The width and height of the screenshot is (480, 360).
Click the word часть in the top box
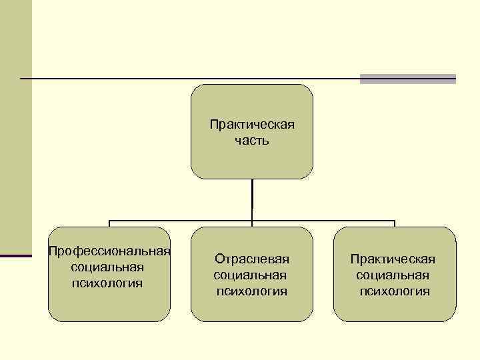coord(252,141)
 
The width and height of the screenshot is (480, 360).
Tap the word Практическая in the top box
coord(252,125)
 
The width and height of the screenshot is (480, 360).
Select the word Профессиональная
coord(109,251)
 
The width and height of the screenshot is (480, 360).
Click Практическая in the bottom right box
coord(393,259)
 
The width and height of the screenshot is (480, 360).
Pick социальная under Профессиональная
coord(107,267)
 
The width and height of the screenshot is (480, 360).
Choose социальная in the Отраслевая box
coord(250,275)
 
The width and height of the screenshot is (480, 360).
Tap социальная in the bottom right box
coord(393,275)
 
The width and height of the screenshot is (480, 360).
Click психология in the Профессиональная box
coord(107,283)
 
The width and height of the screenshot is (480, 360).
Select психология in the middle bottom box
coord(252,291)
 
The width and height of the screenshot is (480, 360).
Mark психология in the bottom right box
coord(395,291)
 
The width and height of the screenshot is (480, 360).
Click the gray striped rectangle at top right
coord(407,79)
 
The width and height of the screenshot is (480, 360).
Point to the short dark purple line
coord(16,255)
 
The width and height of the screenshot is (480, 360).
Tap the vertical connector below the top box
coord(252,199)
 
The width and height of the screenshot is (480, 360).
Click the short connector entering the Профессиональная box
coord(109,224)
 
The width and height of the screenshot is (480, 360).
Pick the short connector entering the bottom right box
coord(395,224)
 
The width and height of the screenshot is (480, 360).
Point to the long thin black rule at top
coord(187,79)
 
